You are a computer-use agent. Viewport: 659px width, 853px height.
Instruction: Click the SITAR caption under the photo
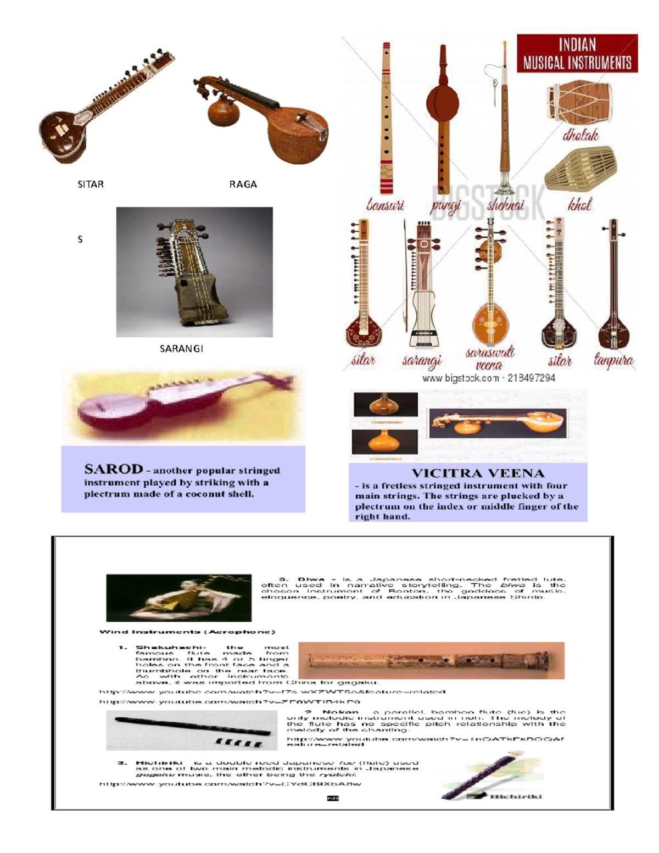tap(91, 185)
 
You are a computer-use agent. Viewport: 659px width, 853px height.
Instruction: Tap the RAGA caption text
tap(243, 185)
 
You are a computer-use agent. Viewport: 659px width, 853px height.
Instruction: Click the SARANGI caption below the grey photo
tap(181, 349)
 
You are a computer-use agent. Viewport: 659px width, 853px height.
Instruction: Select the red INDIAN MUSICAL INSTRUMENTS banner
tap(577, 53)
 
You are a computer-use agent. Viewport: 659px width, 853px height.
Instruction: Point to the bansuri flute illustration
tap(387, 118)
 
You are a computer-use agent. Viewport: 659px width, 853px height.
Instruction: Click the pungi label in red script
tap(445, 206)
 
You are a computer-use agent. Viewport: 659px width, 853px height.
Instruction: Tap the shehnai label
tap(506, 205)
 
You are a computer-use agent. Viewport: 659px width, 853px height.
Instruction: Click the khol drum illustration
tap(580, 168)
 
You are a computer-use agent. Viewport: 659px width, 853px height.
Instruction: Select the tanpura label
tap(613, 360)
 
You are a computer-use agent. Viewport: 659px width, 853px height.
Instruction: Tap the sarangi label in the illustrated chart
tap(422, 361)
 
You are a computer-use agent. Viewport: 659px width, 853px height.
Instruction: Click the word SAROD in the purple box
tap(113, 469)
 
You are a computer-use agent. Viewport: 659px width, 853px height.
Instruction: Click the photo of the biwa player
tap(178, 598)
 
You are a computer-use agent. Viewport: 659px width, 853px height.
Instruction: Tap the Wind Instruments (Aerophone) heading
tap(187, 632)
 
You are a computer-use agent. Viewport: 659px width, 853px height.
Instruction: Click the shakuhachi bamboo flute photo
tap(431, 660)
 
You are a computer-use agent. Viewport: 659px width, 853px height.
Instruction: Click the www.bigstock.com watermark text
tap(460, 378)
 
